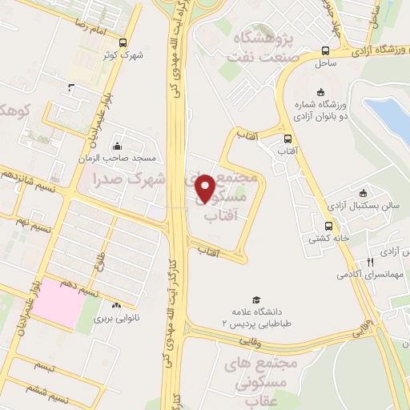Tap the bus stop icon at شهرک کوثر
[122, 42]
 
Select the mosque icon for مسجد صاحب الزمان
[118, 147]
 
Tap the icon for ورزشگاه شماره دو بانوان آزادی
[321, 91]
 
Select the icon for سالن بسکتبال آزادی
[363, 192]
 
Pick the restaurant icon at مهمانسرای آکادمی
[370, 262]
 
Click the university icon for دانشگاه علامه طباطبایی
[256, 299]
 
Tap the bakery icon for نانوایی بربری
[118, 305]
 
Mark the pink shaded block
[60, 303]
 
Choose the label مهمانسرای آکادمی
[363, 275]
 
